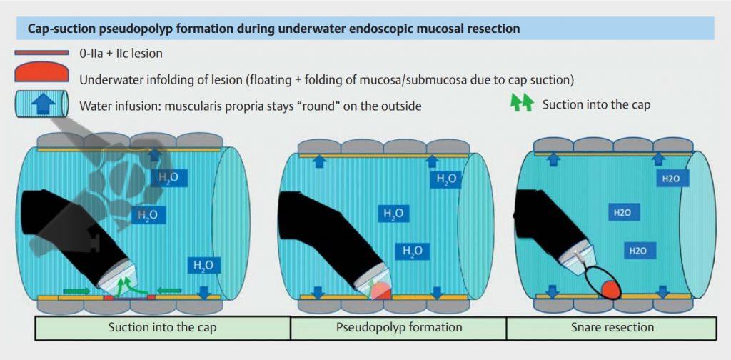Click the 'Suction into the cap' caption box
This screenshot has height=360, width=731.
point(163,328)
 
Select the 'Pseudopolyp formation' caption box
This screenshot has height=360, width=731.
point(398,328)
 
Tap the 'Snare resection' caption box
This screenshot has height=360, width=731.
point(612,328)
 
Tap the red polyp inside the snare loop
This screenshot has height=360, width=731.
point(610,289)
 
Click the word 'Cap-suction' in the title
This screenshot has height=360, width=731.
point(61,29)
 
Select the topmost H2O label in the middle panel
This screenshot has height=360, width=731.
point(445,179)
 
